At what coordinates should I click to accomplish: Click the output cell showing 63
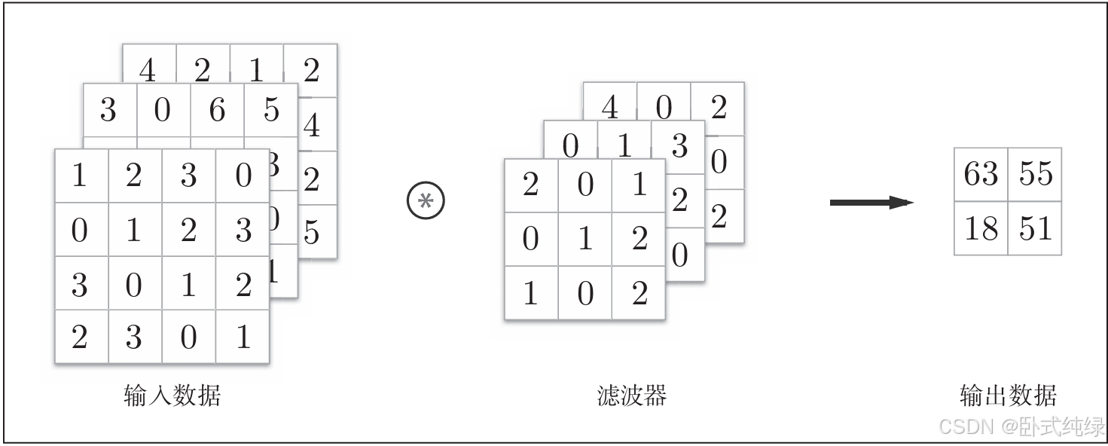(981, 174)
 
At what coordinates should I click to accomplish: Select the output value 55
(1035, 174)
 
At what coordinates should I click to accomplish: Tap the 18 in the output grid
(981, 228)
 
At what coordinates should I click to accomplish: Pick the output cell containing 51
(1035, 228)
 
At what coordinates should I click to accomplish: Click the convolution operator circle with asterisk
(426, 201)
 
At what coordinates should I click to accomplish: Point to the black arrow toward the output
(871, 202)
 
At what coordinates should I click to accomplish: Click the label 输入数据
(172, 395)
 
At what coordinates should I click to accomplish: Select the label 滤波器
(631, 395)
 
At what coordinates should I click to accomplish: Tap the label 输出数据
(1008, 395)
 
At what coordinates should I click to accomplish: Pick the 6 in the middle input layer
(217, 110)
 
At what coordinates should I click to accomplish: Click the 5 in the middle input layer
(271, 110)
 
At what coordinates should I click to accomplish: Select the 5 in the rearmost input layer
(311, 233)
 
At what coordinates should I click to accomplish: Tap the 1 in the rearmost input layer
(257, 71)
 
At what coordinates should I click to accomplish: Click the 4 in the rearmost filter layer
(609, 108)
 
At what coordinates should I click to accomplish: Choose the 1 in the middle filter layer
(624, 145)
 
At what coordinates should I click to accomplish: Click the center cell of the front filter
(585, 239)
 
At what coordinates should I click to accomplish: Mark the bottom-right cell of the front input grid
(243, 337)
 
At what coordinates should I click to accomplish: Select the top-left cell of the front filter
(530, 185)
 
